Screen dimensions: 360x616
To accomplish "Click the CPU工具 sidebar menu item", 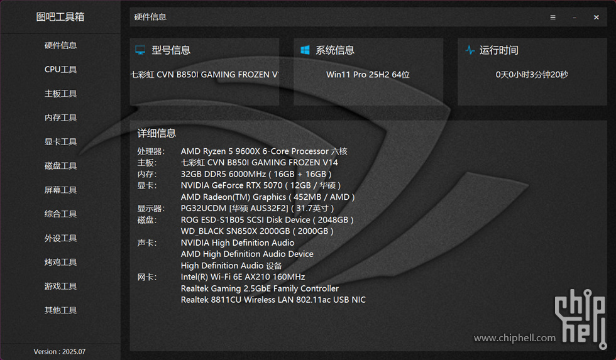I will pyautogui.click(x=60, y=70).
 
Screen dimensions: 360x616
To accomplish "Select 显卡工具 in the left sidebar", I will pyautogui.click(x=60, y=142).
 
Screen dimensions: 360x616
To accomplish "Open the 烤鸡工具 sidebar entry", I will pyautogui.click(x=60, y=262).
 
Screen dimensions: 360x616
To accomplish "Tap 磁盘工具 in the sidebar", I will pyautogui.click(x=60, y=166).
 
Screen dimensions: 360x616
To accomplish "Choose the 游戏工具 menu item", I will pyautogui.click(x=60, y=286).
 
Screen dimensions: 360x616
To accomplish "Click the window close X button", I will pyautogui.click(x=596, y=18).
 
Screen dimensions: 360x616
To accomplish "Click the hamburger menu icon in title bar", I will pyautogui.click(x=553, y=18).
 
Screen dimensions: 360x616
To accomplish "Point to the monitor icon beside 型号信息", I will pyautogui.click(x=141, y=50).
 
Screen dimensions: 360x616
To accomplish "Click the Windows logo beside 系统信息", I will pyautogui.click(x=305, y=50).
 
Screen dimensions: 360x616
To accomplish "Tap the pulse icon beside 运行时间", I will pyautogui.click(x=470, y=50).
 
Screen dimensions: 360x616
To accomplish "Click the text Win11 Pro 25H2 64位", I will pyautogui.click(x=368, y=75).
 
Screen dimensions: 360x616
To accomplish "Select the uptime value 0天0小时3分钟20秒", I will pyautogui.click(x=532, y=75).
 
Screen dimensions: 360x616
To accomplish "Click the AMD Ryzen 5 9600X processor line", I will pyautogui.click(x=263, y=151).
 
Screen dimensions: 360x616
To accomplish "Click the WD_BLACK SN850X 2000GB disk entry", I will pyautogui.click(x=257, y=231).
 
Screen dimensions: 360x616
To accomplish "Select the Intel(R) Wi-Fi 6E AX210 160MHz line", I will pyautogui.click(x=243, y=277).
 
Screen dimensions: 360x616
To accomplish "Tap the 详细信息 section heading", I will pyautogui.click(x=157, y=133).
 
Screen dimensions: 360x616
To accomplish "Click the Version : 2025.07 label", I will pyautogui.click(x=60, y=352).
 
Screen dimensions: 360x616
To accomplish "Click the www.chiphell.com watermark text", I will pyautogui.click(x=514, y=338).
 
